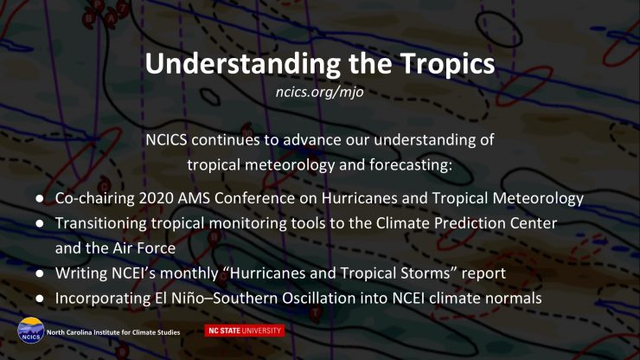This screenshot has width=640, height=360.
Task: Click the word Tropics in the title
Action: pyautogui.click(x=447, y=64)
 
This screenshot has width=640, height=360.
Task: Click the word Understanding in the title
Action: pyautogui.click(x=243, y=64)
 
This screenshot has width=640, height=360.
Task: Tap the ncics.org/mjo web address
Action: pyautogui.click(x=320, y=92)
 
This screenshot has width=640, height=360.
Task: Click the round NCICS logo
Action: pyautogui.click(x=30, y=331)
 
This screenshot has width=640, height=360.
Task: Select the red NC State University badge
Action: pyautogui.click(x=245, y=331)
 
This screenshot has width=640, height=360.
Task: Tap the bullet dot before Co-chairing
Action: pyautogui.click(x=40, y=198)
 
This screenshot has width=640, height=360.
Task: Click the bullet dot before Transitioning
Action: pyautogui.click(x=40, y=223)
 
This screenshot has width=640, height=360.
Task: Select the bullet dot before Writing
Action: pyautogui.click(x=40, y=273)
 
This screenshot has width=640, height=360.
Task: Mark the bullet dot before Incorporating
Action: pyautogui.click(x=40, y=299)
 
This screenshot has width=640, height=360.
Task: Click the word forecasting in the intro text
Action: pyautogui.click(x=410, y=165)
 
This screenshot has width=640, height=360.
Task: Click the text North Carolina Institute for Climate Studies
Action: pyautogui.click(x=113, y=332)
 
